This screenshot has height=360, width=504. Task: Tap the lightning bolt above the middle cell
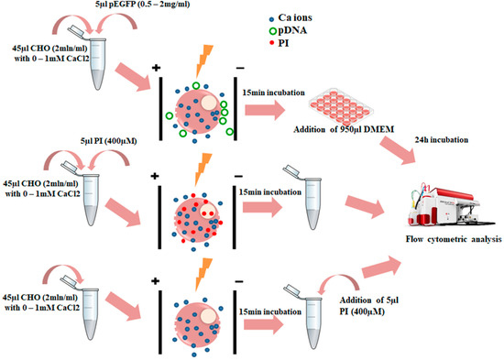click(x=202, y=169)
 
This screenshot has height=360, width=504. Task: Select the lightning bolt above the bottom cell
click(x=202, y=267)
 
